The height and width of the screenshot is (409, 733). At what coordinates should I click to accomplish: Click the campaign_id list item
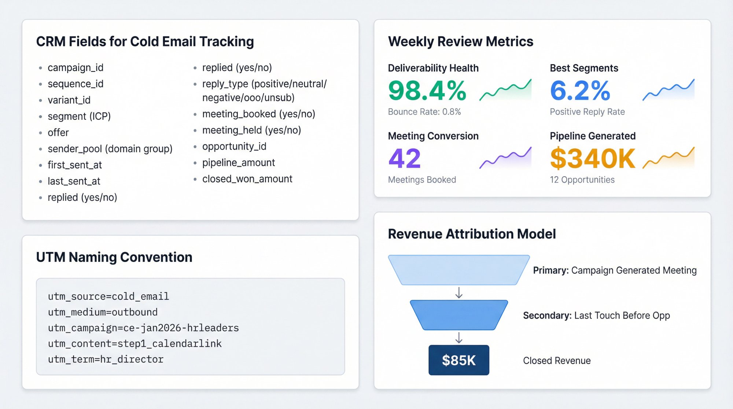pyautogui.click(x=75, y=68)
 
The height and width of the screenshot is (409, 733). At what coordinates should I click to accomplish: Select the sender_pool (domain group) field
pyautogui.click(x=110, y=149)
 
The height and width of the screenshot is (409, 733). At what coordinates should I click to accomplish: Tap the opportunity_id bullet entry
pyautogui.click(x=234, y=147)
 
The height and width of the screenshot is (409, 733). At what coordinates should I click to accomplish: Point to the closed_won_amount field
pyautogui.click(x=247, y=179)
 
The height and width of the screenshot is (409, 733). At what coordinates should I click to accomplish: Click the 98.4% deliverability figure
pyautogui.click(x=427, y=91)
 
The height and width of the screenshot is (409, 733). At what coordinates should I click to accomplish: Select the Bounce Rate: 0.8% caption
pyautogui.click(x=424, y=112)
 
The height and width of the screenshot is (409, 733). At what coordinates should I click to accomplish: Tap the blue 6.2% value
pyautogui.click(x=580, y=91)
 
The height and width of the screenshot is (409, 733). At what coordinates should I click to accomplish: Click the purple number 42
pyautogui.click(x=404, y=158)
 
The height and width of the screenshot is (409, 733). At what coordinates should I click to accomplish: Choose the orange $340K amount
pyautogui.click(x=592, y=158)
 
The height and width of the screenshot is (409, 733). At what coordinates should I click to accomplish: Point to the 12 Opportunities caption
pyautogui.click(x=582, y=180)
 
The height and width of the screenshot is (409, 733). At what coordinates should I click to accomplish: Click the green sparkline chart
pyautogui.click(x=505, y=90)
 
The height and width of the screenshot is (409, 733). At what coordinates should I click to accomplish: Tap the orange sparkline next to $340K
pyautogui.click(x=668, y=158)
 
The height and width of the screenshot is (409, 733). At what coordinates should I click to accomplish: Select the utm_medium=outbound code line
pyautogui.click(x=103, y=312)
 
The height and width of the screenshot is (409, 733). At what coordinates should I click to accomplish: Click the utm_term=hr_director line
pyautogui.click(x=106, y=360)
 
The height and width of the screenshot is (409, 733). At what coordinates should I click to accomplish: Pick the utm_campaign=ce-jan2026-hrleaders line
pyautogui.click(x=143, y=328)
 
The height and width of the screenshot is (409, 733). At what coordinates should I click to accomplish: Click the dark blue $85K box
pyautogui.click(x=458, y=360)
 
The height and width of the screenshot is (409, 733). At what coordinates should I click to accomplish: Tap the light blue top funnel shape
pyautogui.click(x=458, y=270)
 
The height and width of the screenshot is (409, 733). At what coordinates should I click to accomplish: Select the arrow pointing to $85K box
pyautogui.click(x=458, y=338)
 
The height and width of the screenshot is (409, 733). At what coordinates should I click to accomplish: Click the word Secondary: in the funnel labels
pyautogui.click(x=547, y=316)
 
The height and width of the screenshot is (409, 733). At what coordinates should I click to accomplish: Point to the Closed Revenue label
pyautogui.click(x=556, y=361)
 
